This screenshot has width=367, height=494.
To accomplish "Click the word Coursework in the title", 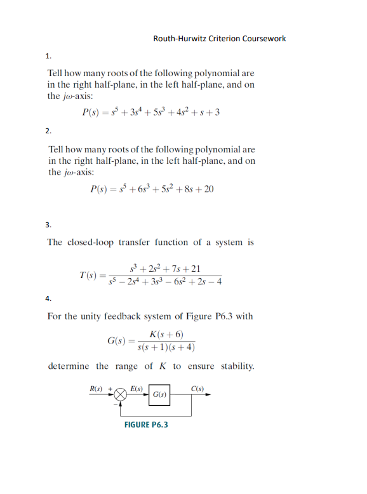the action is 264,38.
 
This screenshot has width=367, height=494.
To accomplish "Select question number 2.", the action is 49,131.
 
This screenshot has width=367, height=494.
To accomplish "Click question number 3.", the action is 49,224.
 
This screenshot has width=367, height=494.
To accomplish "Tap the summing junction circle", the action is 118,394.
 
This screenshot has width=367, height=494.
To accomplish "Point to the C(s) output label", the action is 197,387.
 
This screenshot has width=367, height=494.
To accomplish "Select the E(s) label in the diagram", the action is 137,387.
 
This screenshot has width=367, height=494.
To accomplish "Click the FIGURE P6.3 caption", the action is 146,425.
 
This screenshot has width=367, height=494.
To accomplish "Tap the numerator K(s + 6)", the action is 167,335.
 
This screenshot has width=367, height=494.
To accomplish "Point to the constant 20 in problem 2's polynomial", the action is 208,189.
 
